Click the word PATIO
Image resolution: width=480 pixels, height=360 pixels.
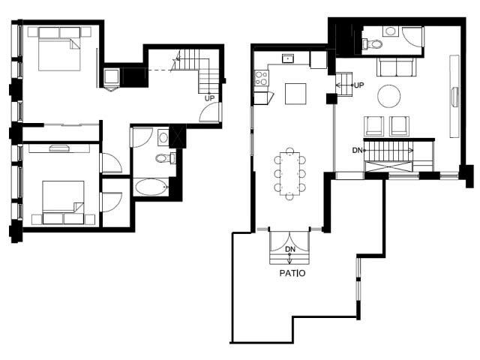pyautogui.click(x=288, y=274)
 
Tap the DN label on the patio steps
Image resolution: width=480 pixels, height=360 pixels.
pyautogui.click(x=288, y=249)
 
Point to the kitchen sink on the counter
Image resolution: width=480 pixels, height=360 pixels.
pyautogui.click(x=287, y=58)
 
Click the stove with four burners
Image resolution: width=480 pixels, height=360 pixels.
pyautogui.click(x=261, y=76)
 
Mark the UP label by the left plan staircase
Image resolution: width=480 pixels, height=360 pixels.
pyautogui.click(x=210, y=97)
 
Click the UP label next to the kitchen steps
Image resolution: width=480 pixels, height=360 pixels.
pyautogui.click(x=358, y=85)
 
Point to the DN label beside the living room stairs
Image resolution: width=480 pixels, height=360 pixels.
pyautogui.click(x=358, y=150)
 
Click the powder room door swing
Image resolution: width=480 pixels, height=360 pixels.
pyautogui.click(x=412, y=37)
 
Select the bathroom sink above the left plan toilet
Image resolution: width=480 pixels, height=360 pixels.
pyautogui.click(x=163, y=136)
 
